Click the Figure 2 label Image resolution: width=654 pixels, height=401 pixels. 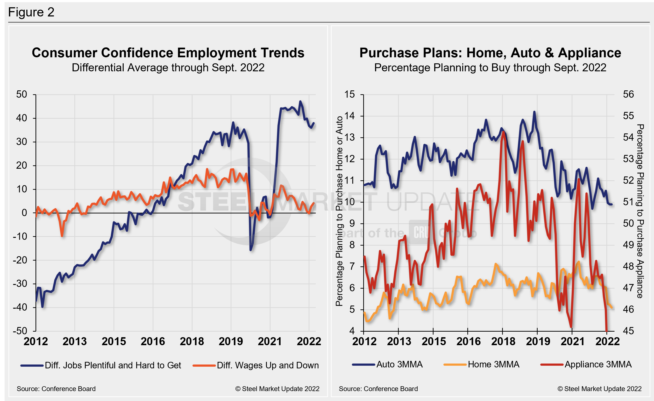[x=31, y=12]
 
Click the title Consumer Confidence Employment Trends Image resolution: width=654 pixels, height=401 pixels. [x=168, y=53]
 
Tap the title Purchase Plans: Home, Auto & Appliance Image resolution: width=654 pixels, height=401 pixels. [x=490, y=53]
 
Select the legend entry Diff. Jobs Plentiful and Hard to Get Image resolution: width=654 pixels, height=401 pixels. [x=113, y=365]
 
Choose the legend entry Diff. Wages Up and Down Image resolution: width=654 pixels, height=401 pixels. [x=268, y=365]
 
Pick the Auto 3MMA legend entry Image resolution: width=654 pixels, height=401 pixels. [x=399, y=364]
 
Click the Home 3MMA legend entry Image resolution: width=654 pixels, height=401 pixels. [x=493, y=364]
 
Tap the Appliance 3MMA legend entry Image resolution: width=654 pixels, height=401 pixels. [x=598, y=364]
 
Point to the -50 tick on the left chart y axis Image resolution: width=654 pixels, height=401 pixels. [x=20, y=331]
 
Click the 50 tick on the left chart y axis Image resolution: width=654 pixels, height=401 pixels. [x=21, y=94]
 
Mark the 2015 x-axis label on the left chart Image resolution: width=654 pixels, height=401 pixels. [x=114, y=341]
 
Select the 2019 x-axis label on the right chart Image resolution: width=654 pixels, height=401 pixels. [x=538, y=341]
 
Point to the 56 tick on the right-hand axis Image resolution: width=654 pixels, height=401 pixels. [x=628, y=94]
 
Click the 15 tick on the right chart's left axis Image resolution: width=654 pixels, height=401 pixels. [x=349, y=94]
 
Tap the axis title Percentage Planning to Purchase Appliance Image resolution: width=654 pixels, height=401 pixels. [x=640, y=211]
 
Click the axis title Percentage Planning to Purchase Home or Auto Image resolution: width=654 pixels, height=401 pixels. [x=339, y=211]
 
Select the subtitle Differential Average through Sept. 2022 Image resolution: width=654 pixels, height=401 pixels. [x=168, y=68]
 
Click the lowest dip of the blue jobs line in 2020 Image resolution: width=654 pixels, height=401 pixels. [x=250, y=250]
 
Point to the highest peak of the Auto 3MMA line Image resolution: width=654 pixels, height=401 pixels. [x=534, y=112]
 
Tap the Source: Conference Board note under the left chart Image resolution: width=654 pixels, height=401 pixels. [x=56, y=389]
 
